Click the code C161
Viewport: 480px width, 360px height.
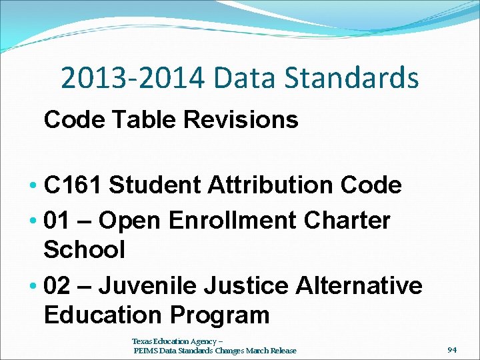(73, 185)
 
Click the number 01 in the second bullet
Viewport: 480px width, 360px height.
(57, 219)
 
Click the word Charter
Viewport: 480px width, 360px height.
(346, 219)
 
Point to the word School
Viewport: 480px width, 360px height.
(85, 250)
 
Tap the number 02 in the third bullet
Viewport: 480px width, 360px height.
(57, 285)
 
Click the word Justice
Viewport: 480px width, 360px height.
(247, 285)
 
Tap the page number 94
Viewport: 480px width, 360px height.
(452, 349)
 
